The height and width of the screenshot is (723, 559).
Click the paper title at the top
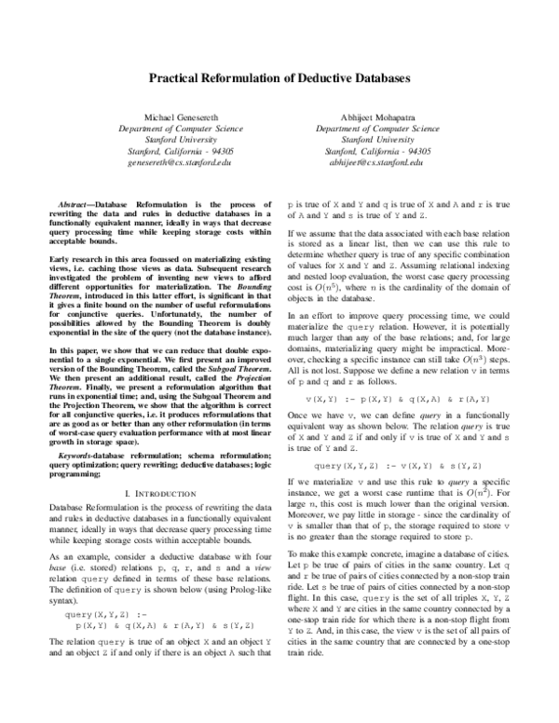279,80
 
